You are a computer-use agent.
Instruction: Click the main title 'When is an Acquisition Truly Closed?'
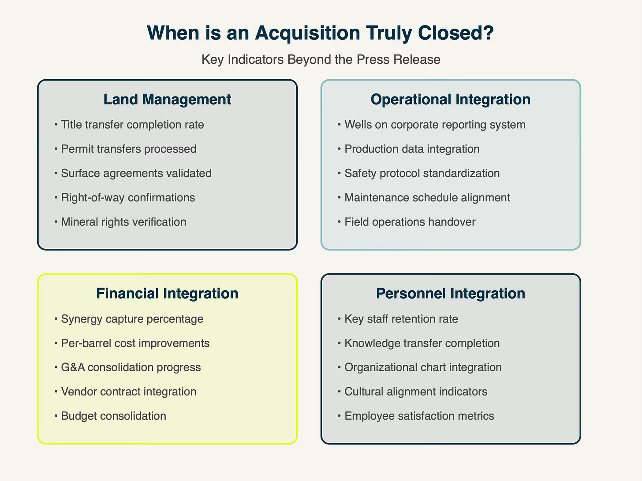pos(321,33)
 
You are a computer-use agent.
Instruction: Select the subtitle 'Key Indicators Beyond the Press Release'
pos(321,59)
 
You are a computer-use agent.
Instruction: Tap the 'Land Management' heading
pos(167,100)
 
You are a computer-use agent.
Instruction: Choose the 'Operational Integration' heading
pos(450,100)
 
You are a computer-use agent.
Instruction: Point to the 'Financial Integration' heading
pos(167,294)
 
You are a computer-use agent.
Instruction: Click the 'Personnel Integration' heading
pos(450,294)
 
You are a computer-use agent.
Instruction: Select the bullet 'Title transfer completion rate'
pos(132,125)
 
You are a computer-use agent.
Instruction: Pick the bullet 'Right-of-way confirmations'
pos(128,197)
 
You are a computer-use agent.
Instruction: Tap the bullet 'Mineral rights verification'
pos(123,222)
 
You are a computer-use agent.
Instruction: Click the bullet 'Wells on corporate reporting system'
pos(435,125)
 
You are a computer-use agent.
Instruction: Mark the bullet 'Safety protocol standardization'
pos(422,173)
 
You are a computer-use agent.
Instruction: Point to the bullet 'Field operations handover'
pos(410,222)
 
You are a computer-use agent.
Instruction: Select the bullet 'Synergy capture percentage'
pos(132,319)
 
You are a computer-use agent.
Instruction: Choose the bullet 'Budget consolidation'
pos(113,416)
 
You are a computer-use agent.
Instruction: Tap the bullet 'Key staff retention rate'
pos(401,319)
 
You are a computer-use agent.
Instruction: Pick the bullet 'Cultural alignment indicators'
pos(416,392)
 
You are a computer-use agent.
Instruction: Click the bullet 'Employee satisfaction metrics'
pos(419,416)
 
